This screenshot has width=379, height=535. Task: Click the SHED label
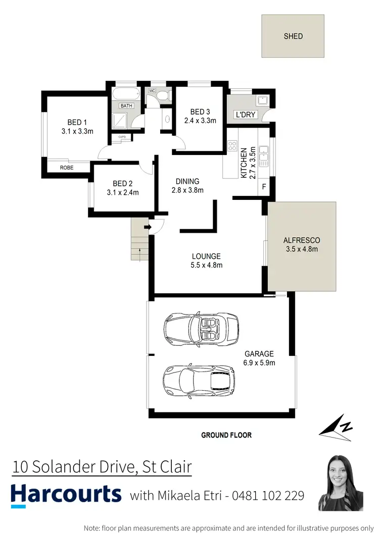click(293, 36)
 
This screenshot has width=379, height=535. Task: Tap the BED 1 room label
click(77, 122)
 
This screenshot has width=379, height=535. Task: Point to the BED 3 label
click(200, 112)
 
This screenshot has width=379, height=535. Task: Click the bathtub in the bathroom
click(124, 94)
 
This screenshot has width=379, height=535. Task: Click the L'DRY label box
click(246, 115)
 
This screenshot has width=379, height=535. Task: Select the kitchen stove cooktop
click(233, 146)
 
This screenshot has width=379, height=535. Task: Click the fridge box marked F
click(264, 187)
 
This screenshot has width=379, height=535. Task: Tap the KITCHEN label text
click(244, 163)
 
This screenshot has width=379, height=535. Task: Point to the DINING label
click(187, 181)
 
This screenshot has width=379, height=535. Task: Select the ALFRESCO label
click(302, 240)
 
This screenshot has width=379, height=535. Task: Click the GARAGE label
click(259, 354)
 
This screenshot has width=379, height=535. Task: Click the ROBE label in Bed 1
click(67, 167)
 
